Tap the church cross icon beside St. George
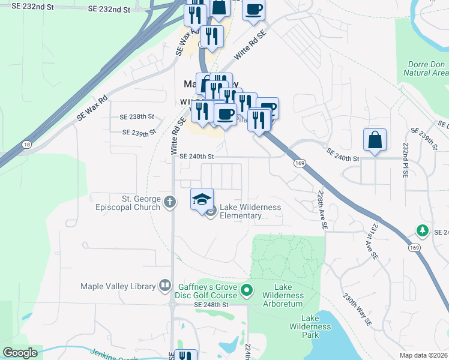170,202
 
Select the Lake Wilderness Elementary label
250,211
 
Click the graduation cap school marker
202,199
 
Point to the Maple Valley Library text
118,286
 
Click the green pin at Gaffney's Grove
246,292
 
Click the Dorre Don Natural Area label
426,68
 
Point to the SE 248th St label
211,305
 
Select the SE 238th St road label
137,116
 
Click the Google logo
20,353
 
